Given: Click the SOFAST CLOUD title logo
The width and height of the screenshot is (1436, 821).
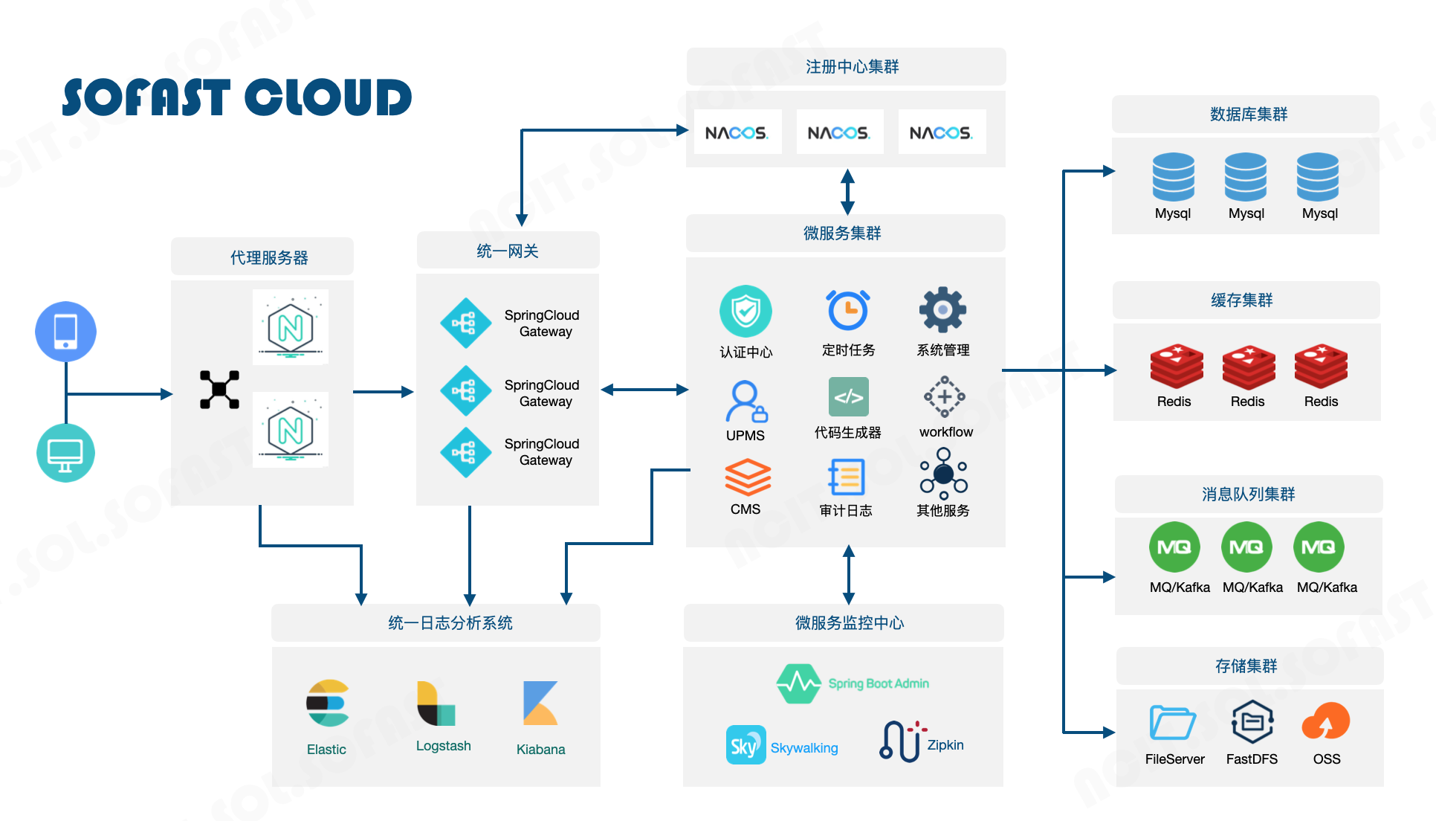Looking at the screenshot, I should pyautogui.click(x=236, y=97).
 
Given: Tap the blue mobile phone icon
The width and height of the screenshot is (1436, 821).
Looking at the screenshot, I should pyautogui.click(x=65, y=331).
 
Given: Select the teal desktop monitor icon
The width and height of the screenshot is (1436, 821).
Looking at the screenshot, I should pyautogui.click(x=65, y=453).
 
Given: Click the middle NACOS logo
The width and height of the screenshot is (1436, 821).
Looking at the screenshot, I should pyautogui.click(x=839, y=132).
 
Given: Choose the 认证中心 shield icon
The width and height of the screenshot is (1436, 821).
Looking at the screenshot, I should pyautogui.click(x=746, y=311).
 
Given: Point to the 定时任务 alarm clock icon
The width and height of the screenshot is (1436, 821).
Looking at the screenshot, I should pyautogui.click(x=847, y=310).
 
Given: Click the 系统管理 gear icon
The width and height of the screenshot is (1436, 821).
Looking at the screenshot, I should pyautogui.click(x=942, y=309).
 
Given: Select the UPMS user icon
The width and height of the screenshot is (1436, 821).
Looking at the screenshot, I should pyautogui.click(x=746, y=402).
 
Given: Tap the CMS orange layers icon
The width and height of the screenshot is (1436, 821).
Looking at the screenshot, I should pyautogui.click(x=747, y=477).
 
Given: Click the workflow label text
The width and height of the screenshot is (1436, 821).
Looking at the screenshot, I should pyautogui.click(x=945, y=432).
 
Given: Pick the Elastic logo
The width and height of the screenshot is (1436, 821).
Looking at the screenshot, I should pyautogui.click(x=328, y=703).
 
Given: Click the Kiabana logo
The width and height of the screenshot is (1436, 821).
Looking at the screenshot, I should pyautogui.click(x=540, y=703).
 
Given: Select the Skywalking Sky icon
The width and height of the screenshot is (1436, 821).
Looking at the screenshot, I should pyautogui.click(x=745, y=744).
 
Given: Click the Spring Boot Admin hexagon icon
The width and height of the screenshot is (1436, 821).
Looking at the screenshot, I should pyautogui.click(x=798, y=683).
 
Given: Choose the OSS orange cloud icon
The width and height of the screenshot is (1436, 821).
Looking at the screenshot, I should pyautogui.click(x=1325, y=721).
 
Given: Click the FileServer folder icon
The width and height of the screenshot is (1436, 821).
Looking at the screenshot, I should pyautogui.click(x=1172, y=722).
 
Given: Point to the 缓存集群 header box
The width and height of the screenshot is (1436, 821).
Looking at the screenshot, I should pyautogui.click(x=1246, y=300).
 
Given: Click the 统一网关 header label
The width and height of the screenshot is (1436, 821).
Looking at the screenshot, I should pyautogui.click(x=508, y=251).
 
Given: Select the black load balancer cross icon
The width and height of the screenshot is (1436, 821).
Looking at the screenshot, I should pyautogui.click(x=219, y=390).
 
